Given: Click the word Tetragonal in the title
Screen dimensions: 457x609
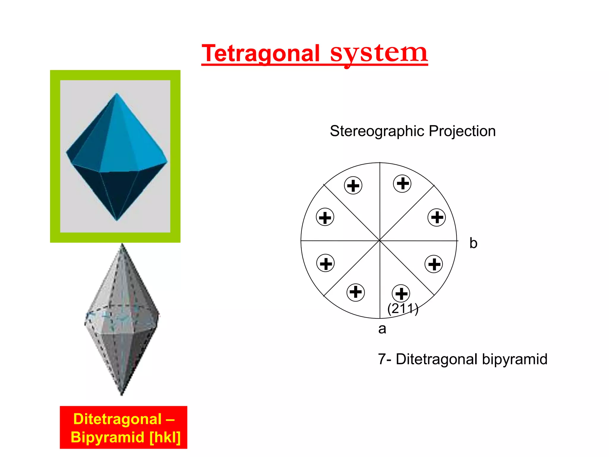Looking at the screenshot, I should coord(260,54).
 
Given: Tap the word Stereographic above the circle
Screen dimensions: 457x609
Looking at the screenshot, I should coord(377,131).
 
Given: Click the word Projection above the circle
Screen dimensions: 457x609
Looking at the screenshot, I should coord(462,131).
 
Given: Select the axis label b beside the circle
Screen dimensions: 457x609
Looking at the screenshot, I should coord(473,243).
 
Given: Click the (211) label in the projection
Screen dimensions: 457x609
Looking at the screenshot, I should coord(403,309).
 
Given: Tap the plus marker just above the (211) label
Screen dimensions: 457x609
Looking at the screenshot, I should coord(401,293).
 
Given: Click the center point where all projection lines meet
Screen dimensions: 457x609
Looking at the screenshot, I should coord(380,240).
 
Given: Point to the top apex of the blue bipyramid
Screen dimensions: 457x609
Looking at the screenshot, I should coord(117,94).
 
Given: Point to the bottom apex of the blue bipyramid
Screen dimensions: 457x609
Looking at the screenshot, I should coord(117,220).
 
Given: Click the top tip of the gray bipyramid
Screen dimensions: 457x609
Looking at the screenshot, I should coord(122,245).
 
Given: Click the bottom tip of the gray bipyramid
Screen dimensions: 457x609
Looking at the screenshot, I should coord(122,395).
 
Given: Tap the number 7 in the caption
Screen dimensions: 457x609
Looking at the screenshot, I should coord(382,359).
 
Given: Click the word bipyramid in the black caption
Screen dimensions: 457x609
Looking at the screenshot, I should coord(514,359).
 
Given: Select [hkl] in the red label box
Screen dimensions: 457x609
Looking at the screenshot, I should coord(165,437).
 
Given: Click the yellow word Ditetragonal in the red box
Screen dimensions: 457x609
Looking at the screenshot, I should coord(117,419).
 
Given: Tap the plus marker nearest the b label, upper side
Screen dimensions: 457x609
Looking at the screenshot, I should coord(437,217).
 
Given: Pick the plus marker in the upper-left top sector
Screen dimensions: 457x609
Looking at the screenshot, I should coord(353,186).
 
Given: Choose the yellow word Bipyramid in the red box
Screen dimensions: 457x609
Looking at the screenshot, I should coord(107,437).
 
